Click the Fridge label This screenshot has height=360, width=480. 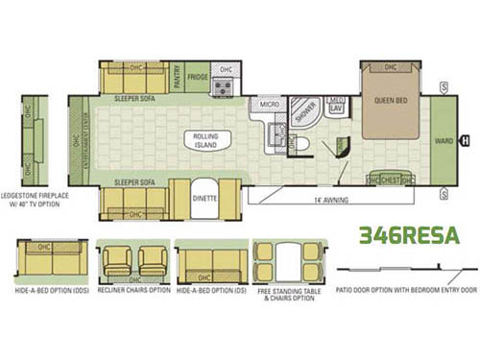(198, 77)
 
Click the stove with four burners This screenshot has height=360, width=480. (223, 87)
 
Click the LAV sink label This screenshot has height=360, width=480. (336, 108)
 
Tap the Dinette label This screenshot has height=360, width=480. (205, 198)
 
